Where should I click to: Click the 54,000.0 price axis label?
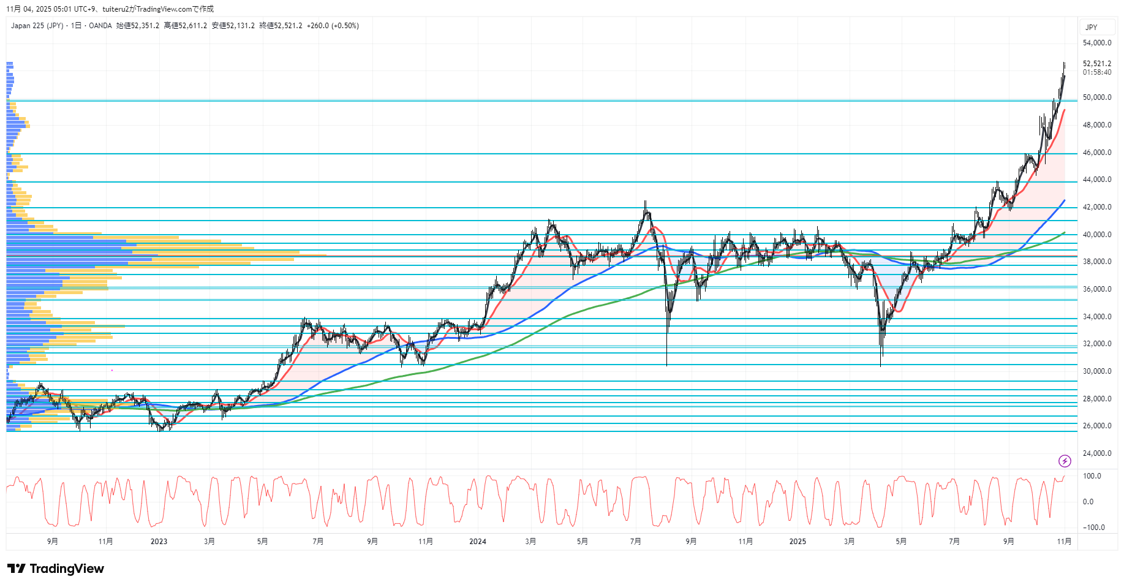tap(1096, 43)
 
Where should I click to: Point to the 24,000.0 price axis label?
tap(1096, 453)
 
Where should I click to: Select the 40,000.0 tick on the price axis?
tap(1096, 235)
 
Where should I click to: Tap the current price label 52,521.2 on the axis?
tap(1096, 64)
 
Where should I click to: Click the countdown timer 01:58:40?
tap(1096, 72)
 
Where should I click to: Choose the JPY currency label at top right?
tap(1091, 28)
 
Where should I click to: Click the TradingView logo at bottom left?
tap(56, 569)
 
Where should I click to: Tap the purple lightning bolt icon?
tap(1065, 461)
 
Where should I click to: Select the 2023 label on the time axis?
tap(159, 541)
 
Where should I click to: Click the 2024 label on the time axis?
tap(477, 541)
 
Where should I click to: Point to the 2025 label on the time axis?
tap(798, 541)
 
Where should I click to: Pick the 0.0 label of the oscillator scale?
tap(1088, 502)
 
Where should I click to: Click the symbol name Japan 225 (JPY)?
tap(37, 26)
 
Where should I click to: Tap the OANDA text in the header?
tap(100, 26)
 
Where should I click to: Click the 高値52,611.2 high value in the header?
tap(186, 26)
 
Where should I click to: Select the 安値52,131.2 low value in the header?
tap(233, 26)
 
